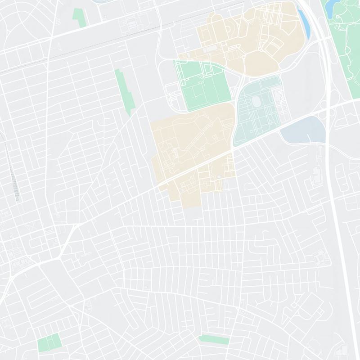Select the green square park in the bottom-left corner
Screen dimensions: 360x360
pyautogui.click(x=49, y=342)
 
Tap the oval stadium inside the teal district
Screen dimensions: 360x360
pyautogui.click(x=258, y=101)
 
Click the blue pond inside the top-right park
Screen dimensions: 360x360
pyautogui.click(x=331, y=5)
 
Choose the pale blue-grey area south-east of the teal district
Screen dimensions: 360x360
pyautogui.click(x=303, y=130)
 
